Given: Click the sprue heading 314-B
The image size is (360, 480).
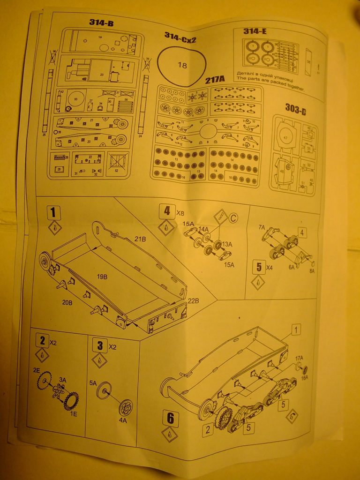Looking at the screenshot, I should coord(101,22).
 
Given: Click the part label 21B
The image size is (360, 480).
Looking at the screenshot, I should coord(140,239).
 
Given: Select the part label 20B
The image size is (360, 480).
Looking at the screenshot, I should coord(67,303).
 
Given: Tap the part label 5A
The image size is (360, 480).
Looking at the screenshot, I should coord(93,383).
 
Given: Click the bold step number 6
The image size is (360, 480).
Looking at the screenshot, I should coord(170,418).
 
